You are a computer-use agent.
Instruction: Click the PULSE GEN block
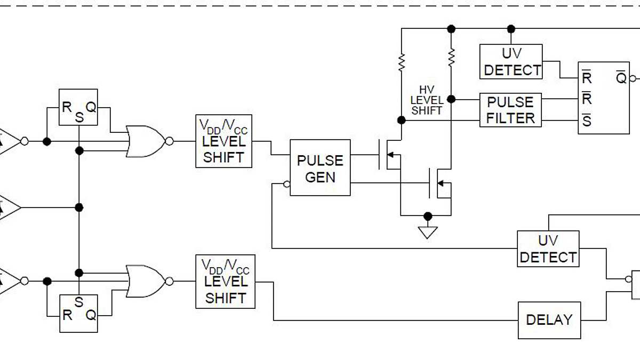coord(320,167)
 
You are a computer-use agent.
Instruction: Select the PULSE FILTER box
coord(510,110)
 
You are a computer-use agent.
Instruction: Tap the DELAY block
coord(549,320)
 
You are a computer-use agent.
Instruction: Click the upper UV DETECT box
coord(511,61)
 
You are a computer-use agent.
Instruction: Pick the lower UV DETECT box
coord(548,249)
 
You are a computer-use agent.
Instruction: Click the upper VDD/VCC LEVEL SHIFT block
coord(223,141)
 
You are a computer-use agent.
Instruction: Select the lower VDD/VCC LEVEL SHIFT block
coord(225,281)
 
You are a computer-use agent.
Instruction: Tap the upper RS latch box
coord(78,107)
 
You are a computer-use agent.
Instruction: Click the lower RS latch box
coord(78,313)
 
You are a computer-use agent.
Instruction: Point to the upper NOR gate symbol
coord(145,141)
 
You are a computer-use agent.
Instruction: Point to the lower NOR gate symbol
coord(145,281)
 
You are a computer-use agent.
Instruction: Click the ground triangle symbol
coord(427,232)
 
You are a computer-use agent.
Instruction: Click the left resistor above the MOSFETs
coord(402,62)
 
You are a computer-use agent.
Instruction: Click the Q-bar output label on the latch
coord(621,78)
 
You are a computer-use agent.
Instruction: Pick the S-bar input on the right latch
coord(587,121)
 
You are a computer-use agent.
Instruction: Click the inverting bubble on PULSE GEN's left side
coord(287,185)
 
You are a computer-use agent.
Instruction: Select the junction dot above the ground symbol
coord(427,215)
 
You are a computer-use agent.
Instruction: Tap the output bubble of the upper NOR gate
coord(169,141)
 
